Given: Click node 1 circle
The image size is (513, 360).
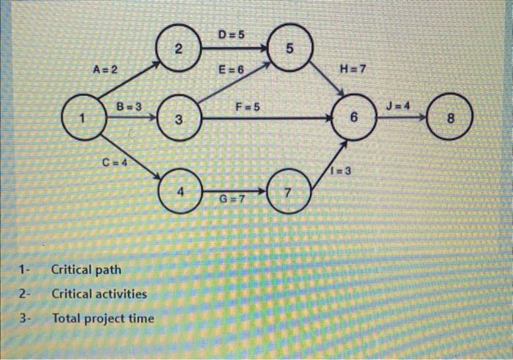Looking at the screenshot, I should pyautogui.click(x=83, y=117).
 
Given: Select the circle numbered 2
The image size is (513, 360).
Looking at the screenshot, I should pyautogui.click(x=177, y=49).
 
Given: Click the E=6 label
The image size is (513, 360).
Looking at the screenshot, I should pyautogui.click(x=231, y=70).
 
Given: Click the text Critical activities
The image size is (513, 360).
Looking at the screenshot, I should pyautogui.click(x=99, y=294).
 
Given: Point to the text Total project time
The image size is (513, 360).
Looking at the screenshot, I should pyautogui.click(x=103, y=319).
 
